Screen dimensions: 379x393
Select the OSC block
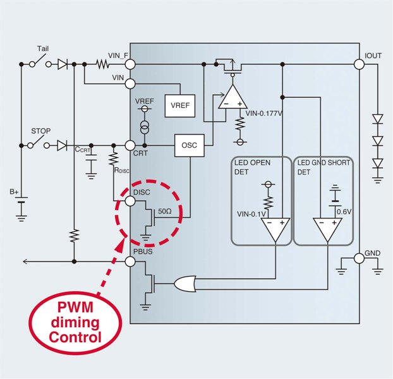click(189, 145)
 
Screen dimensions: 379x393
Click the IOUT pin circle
click(360, 64)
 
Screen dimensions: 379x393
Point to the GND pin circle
click(360, 257)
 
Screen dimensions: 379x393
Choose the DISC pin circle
click(130, 201)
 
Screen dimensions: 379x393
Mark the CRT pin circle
click(130, 145)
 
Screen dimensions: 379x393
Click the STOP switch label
click(41, 131)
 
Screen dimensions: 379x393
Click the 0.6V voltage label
click(343, 212)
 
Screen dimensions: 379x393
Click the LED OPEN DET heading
click(253, 167)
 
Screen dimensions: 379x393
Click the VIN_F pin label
click(119, 56)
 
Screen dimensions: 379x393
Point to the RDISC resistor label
click(122, 169)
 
